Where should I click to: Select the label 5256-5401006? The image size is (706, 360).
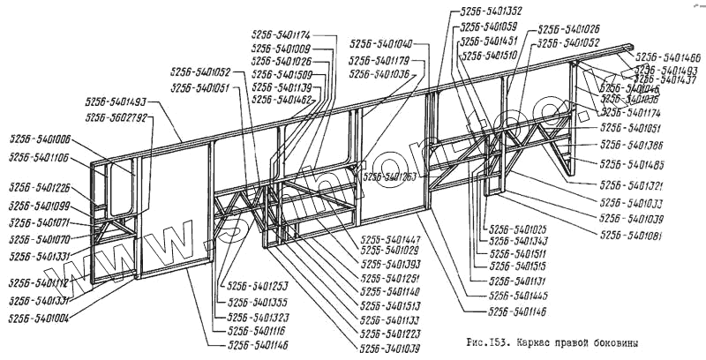coord(40,139)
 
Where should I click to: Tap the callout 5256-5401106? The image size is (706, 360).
coord(40,158)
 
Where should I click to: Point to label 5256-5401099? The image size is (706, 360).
coord(40,206)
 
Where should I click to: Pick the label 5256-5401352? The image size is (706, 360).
coord(491,12)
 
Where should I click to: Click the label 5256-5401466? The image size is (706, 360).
coord(667,56)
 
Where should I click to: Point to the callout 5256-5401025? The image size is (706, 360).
coord(518,228)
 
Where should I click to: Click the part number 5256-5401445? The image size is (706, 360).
coord(518,296)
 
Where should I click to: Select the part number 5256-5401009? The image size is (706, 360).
coord(281,49)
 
